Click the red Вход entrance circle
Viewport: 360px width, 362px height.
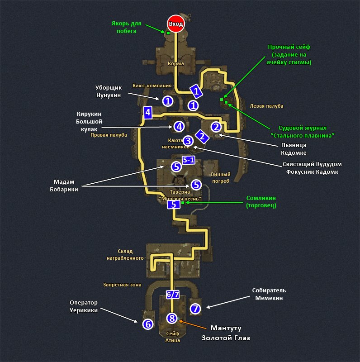click(x=175, y=24)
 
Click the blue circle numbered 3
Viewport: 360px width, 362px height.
click(x=189, y=141)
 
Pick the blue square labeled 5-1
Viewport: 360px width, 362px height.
click(x=189, y=160)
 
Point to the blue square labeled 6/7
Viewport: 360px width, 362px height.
click(x=173, y=294)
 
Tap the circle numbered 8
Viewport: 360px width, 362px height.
click(x=171, y=318)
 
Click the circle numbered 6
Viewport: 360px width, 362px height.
click(x=147, y=324)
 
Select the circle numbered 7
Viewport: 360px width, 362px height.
click(x=195, y=309)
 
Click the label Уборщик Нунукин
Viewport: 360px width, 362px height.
click(x=109, y=91)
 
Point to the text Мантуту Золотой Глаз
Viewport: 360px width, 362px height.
click(x=226, y=333)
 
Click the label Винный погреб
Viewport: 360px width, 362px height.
click(x=221, y=177)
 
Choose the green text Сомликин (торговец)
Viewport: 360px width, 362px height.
click(x=261, y=201)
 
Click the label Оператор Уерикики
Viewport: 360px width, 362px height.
click(x=84, y=306)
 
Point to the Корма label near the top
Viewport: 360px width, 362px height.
click(x=175, y=63)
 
